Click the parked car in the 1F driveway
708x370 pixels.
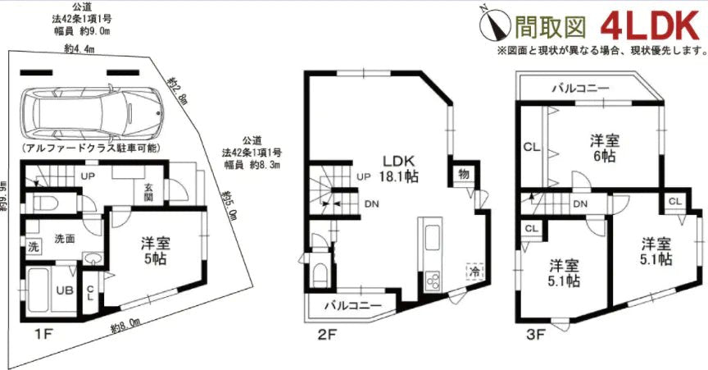tap(86, 114)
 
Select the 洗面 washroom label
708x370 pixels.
tap(65, 239)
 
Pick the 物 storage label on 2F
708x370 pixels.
tap(462, 174)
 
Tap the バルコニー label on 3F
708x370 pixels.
tap(579, 86)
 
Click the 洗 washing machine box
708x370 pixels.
tap(33, 247)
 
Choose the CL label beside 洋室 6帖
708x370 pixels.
tap(530, 148)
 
